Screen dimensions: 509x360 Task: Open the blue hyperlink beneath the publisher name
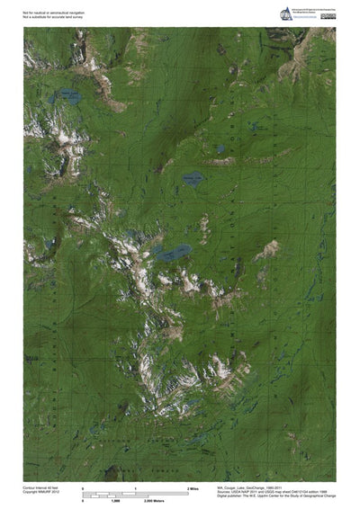297,18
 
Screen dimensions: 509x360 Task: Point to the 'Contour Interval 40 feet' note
42,487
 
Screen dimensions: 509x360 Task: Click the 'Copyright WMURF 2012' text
41,493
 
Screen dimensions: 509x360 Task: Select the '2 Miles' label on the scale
193,488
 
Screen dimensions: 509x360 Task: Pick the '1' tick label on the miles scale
135,488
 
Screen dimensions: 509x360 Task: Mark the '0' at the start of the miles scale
83,488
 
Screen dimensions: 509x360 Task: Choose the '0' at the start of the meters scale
83,501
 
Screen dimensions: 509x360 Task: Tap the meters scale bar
135,496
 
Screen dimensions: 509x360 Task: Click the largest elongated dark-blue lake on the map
173,253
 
